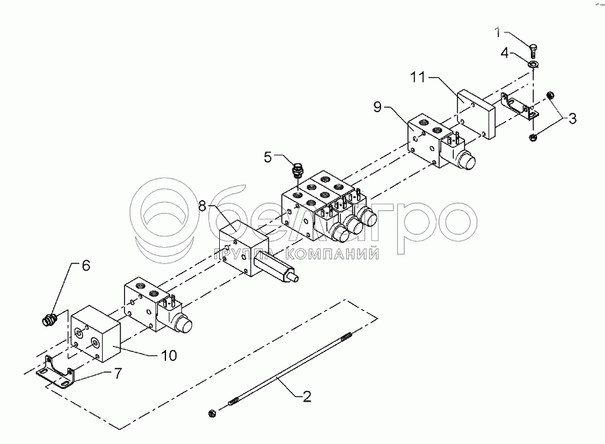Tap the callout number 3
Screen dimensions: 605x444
pos(572,120)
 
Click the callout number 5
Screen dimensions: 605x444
pos(268,157)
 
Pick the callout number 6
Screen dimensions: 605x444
pos(85,265)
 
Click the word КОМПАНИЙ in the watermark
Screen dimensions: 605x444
pos(332,253)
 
